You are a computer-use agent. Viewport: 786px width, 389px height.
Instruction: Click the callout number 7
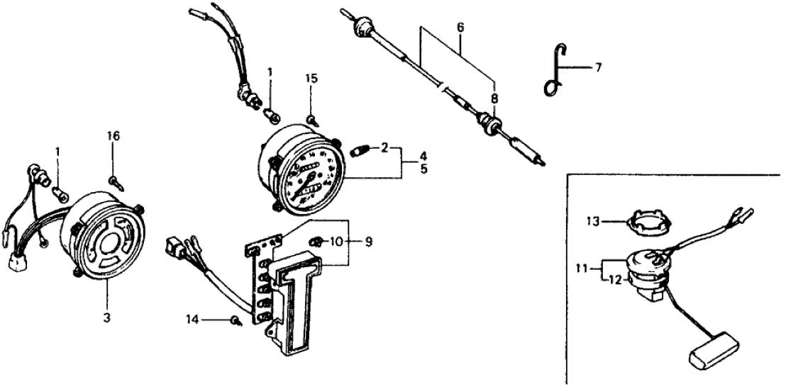click(598, 68)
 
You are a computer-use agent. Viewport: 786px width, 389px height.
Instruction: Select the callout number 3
click(106, 318)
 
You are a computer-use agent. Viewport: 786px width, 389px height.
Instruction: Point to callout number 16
click(114, 136)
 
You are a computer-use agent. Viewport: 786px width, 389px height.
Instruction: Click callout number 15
click(311, 77)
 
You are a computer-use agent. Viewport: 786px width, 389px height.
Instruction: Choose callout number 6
click(460, 27)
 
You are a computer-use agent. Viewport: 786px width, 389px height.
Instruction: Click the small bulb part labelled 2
click(360, 152)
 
